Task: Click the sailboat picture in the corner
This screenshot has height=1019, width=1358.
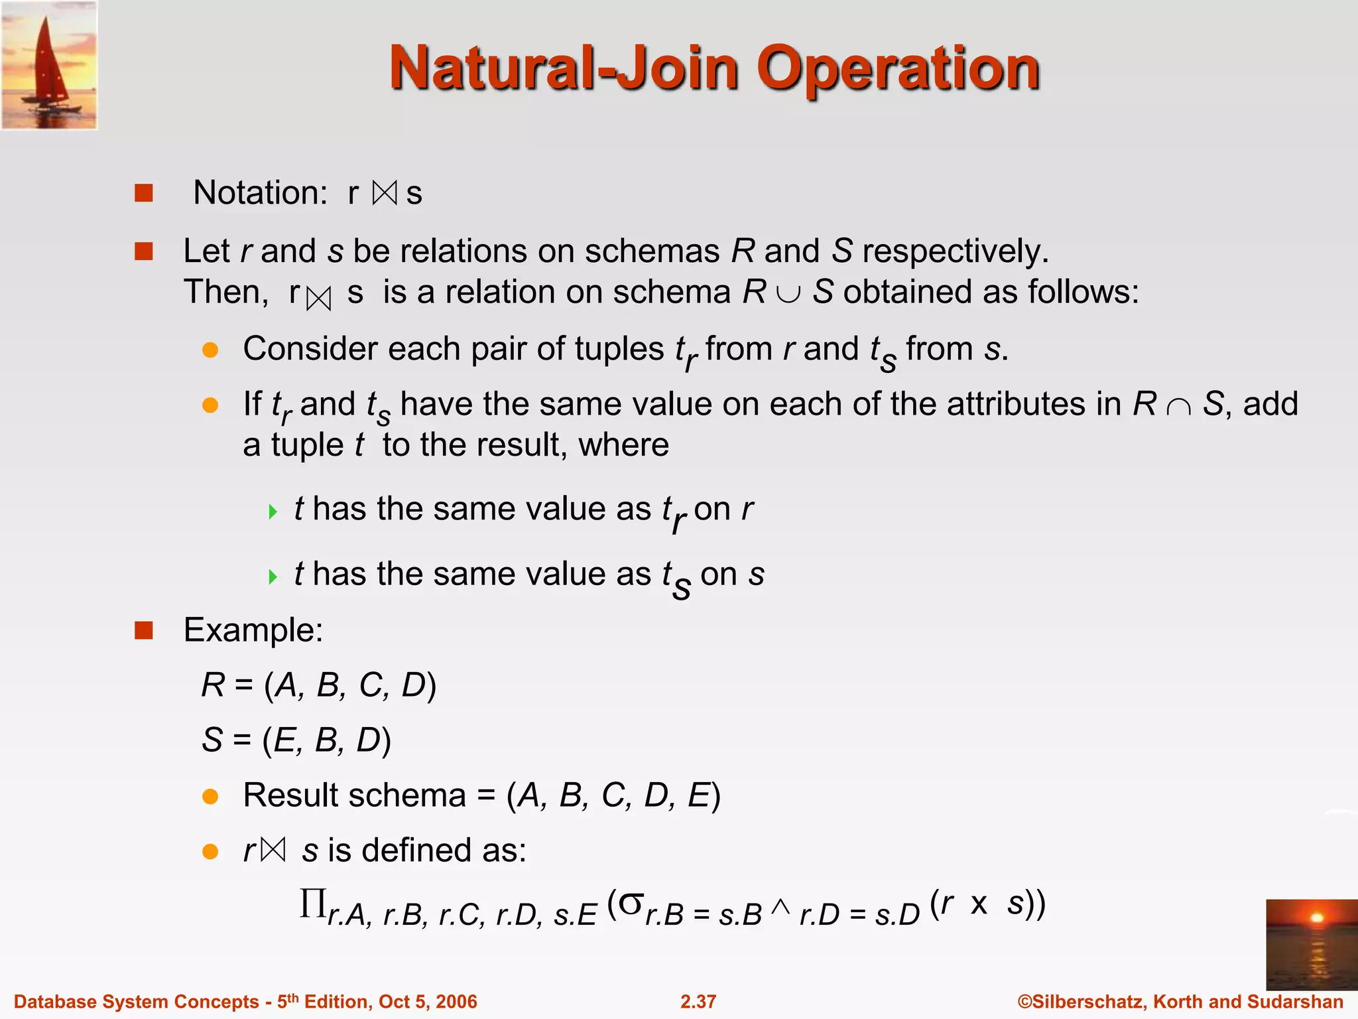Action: tap(50, 65)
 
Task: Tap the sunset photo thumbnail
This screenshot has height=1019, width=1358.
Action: tap(1311, 944)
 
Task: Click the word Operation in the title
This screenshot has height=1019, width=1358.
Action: tap(898, 68)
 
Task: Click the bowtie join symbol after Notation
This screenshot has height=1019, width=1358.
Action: tap(385, 193)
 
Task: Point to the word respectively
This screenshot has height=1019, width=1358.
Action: tap(955, 251)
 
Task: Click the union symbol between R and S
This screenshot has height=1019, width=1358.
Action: tap(788, 293)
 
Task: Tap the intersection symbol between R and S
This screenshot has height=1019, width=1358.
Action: tap(1178, 405)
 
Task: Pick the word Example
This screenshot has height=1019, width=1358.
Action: tap(253, 630)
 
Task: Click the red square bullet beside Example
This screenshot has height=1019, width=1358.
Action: tap(144, 630)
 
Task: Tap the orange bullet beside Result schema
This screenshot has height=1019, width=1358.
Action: tap(210, 796)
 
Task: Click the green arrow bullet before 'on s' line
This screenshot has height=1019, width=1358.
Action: tap(273, 577)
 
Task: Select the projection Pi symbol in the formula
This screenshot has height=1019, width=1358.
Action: tap(312, 903)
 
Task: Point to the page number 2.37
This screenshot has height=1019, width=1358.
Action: tap(698, 1002)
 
